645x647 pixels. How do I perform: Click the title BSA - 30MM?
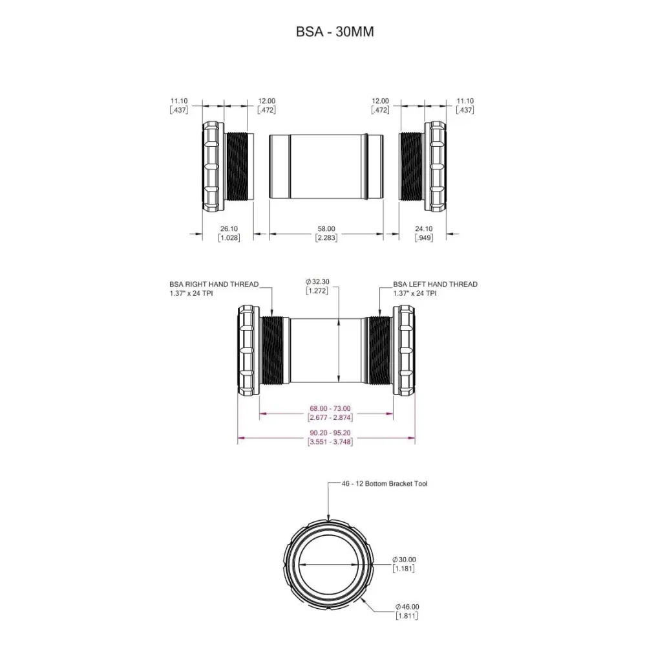(x=335, y=32)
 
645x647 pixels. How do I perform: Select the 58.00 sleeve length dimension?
(x=326, y=228)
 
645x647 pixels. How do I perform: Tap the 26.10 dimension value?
(x=229, y=228)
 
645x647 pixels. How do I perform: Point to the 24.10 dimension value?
(x=424, y=228)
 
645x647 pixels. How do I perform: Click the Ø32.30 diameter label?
(x=317, y=282)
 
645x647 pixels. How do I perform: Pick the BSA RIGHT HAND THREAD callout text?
(x=214, y=289)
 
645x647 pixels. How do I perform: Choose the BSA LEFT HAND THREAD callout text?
(x=435, y=289)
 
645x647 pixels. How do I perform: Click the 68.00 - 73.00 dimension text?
(x=330, y=408)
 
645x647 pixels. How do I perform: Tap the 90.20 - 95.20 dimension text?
(x=330, y=433)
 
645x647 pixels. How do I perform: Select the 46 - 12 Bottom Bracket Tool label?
(x=385, y=483)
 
